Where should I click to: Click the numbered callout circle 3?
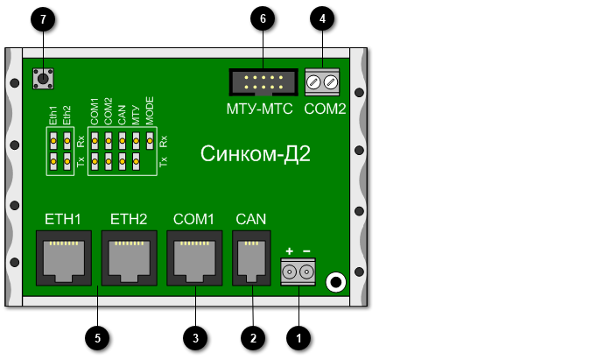tap(195, 336)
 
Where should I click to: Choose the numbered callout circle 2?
tap(253, 336)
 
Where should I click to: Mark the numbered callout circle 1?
tap(299, 336)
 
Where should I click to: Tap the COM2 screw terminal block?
tap(323, 82)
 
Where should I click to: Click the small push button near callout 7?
tap(41, 80)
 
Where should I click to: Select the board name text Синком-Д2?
tap(256, 154)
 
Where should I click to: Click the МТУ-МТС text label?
tap(259, 110)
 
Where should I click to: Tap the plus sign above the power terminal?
tap(290, 252)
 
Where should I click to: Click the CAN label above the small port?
tap(252, 218)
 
